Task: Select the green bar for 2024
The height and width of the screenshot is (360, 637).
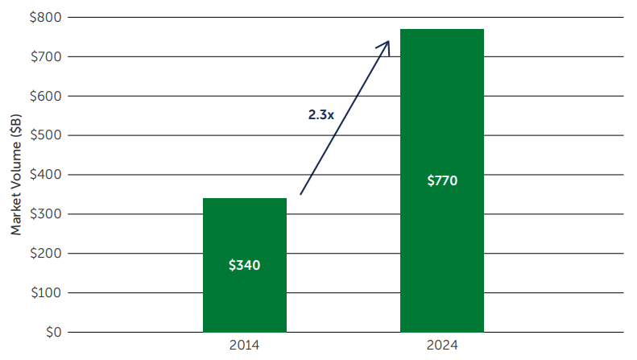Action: (442, 242)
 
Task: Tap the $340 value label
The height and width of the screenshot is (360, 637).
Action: (245, 264)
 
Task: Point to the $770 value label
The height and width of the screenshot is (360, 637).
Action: (442, 180)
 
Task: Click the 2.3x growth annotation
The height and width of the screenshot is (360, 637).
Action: (321, 115)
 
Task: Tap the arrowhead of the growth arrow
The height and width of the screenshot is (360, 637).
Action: (388, 43)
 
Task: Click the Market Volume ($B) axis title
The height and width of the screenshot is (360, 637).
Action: (15, 175)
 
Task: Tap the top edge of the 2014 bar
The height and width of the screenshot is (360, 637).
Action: (245, 198)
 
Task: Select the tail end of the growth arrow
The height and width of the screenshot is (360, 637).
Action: (301, 193)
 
